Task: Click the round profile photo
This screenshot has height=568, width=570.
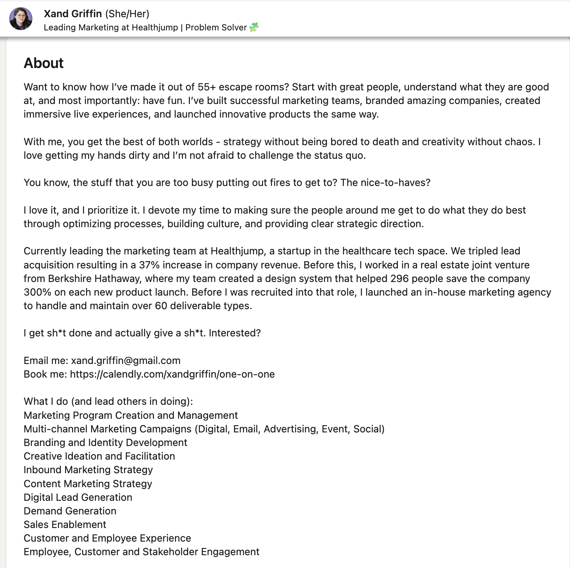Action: point(21,19)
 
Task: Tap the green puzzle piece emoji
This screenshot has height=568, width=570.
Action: point(254,27)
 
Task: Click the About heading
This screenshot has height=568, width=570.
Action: point(44,63)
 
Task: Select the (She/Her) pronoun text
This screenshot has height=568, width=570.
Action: point(127,14)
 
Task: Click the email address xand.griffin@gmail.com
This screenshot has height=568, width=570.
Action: point(126,360)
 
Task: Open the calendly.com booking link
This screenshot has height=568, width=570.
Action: point(172,374)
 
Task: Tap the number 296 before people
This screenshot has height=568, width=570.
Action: point(399,278)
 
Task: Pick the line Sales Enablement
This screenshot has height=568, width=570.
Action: point(65,524)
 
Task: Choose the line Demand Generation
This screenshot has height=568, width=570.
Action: point(70,511)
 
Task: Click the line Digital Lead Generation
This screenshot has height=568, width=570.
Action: point(78,497)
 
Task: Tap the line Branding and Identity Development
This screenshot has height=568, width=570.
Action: point(105,442)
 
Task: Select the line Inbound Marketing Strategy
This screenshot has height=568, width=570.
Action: point(88,470)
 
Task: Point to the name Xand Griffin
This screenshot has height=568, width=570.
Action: point(73,14)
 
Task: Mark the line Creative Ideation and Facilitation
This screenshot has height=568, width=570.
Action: point(99,456)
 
